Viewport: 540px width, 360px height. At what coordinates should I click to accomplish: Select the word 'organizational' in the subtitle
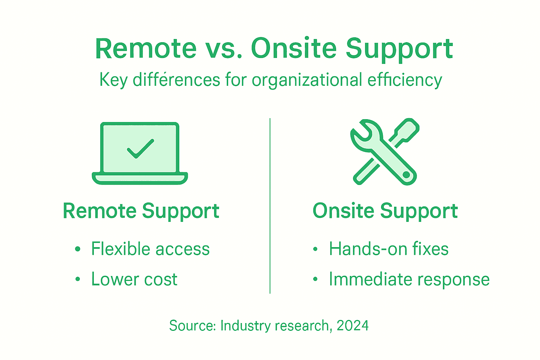pyautogui.click(x=307, y=80)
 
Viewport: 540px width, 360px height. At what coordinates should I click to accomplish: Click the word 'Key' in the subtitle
pyautogui.click(x=113, y=80)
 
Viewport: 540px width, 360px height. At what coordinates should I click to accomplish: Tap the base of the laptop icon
pyautogui.click(x=140, y=178)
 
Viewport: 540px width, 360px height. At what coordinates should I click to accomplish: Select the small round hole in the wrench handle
pyautogui.click(x=406, y=175)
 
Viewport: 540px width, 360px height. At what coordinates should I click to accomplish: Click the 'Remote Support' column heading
pyautogui.click(x=141, y=211)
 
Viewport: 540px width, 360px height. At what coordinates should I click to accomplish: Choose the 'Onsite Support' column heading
pyautogui.click(x=385, y=211)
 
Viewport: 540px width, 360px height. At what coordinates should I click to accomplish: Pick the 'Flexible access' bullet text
pyautogui.click(x=150, y=249)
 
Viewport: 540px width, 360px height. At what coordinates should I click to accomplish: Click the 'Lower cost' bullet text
pyautogui.click(x=134, y=279)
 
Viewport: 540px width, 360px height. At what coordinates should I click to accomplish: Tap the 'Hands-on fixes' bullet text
pyautogui.click(x=388, y=249)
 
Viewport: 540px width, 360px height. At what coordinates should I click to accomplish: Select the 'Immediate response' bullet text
pyautogui.click(x=409, y=279)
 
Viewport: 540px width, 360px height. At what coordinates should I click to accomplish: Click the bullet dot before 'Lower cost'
pyautogui.click(x=78, y=280)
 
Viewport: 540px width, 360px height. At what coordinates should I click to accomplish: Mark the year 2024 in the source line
pyautogui.click(x=353, y=326)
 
